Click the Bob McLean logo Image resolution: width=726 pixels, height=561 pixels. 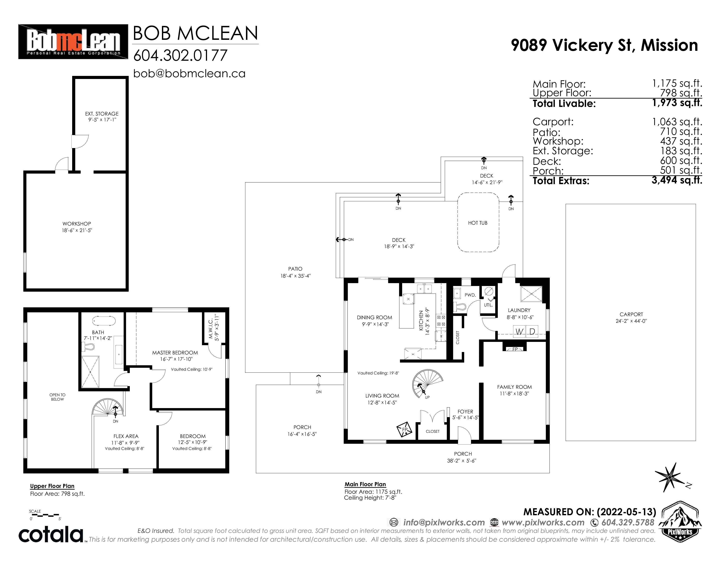73,42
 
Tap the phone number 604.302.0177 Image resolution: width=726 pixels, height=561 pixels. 180,55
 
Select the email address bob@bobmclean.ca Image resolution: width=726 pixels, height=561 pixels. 189,73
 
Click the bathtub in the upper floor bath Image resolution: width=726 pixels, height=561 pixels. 104,321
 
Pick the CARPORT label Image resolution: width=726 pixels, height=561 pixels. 631,314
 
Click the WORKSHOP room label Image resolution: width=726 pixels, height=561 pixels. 77,224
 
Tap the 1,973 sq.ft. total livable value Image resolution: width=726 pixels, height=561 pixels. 677,103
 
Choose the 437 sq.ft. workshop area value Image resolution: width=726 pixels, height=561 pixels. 681,141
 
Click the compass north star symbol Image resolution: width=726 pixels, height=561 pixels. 671,476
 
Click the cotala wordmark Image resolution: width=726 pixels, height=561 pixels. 51,534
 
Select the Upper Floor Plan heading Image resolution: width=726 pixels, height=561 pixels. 52,486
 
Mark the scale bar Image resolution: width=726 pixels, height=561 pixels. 44,515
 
